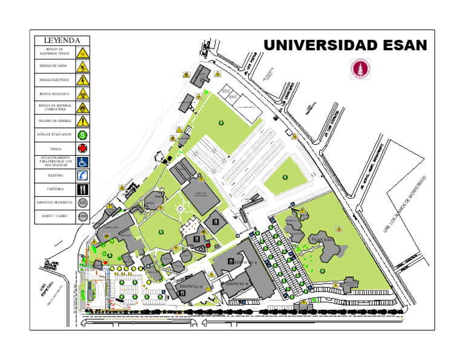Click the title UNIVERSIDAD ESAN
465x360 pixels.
345,45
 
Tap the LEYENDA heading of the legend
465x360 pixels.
62,41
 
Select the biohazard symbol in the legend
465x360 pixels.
82,94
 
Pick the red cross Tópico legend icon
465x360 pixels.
82,148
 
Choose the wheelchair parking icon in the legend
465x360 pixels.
82,162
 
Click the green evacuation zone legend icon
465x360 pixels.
82,135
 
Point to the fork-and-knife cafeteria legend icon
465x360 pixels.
82,189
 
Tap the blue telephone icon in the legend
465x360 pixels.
82,175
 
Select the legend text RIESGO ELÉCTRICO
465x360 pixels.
54,79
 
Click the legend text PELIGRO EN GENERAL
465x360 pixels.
54,121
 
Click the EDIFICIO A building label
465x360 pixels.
245,262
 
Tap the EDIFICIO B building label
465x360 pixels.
237,283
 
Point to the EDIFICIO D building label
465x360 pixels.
191,286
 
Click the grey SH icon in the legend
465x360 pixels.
82,202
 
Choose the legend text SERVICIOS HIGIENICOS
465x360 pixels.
54,202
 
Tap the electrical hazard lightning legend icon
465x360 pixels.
82,79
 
